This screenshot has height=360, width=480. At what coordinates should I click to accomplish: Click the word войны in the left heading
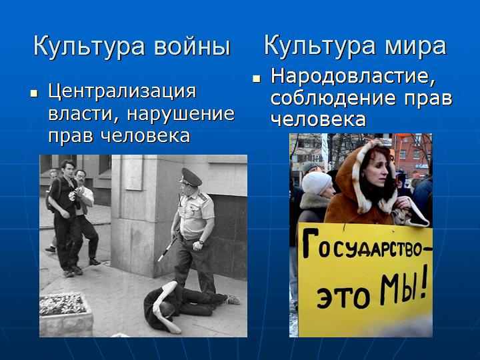192,47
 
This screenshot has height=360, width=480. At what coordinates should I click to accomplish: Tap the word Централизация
122,92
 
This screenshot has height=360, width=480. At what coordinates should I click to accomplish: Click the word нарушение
181,114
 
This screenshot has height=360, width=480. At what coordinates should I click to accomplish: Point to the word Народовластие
353,76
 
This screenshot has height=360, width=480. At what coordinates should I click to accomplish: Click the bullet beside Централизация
34,93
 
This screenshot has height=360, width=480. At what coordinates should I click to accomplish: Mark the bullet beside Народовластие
256,79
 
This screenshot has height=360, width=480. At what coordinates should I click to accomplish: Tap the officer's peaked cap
191,177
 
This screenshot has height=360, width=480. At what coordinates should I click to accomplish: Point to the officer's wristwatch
201,242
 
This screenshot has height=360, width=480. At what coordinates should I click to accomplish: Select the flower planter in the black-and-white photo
66,314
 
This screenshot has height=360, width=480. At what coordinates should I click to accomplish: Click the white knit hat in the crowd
316,183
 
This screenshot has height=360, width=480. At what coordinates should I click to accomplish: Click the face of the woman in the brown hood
374,171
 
